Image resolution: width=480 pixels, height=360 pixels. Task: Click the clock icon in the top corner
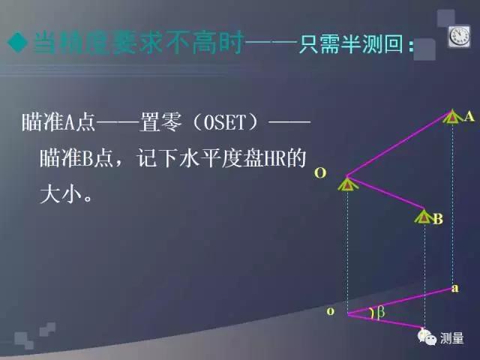(459, 36)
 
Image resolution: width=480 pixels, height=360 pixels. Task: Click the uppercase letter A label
(469, 116)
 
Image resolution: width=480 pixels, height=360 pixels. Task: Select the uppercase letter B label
(438, 219)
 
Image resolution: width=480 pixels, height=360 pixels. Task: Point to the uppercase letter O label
(320, 173)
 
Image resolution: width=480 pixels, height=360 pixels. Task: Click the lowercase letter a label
(455, 287)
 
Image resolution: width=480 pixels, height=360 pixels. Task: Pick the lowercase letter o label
(330, 310)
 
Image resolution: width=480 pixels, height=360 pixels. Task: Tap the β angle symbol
(379, 313)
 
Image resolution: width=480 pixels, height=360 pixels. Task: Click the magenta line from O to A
(401, 147)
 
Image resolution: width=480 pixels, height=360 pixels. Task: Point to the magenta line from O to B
(386, 197)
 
